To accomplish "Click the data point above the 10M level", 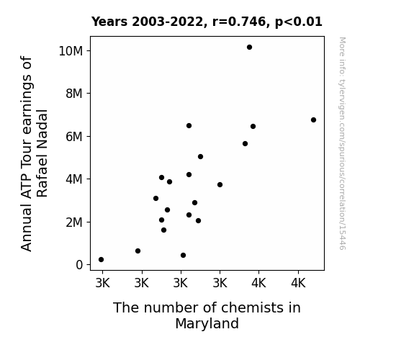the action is pos(249,48).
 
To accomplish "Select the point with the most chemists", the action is pos(313,120).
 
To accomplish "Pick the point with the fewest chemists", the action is pos(101,260).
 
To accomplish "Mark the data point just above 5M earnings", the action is pos(200,157).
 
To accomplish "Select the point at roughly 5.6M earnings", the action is pos(245,144).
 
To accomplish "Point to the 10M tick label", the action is pos(71,51).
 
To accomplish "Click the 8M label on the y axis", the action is pos(74,94).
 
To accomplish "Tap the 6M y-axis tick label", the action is pos(74,137).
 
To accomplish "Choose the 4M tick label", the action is pos(74,179).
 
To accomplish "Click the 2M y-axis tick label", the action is pos(74,222).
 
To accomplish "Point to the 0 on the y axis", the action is pos(79,265).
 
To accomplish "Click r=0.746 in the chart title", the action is pos(239,22).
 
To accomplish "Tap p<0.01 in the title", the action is pos(299,22).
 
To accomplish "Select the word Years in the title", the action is pos(109,22).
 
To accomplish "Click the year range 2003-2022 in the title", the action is pos(167,22).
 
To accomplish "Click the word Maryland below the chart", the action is pos(207,324).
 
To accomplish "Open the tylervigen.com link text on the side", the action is pos(342,143).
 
